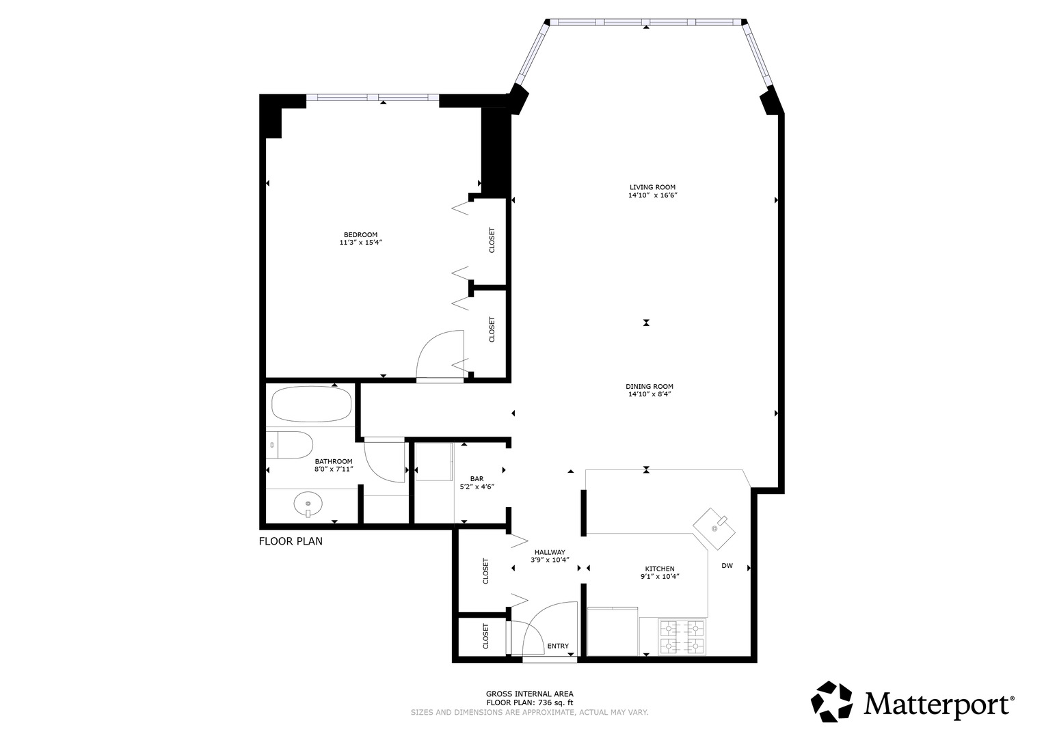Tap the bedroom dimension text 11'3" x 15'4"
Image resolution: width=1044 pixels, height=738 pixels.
360,243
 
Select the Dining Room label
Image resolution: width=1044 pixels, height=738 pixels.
649,387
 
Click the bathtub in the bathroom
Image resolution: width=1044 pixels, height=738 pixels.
311,405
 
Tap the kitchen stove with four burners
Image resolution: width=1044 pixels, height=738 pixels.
682,636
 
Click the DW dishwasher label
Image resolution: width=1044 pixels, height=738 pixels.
727,566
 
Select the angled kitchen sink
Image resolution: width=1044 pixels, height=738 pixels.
715,525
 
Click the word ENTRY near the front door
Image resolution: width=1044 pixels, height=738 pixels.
557,646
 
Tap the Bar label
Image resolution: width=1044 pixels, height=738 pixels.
477,478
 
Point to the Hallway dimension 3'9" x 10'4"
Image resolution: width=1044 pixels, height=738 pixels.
550,560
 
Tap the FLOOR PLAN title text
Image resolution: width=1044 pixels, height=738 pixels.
291,542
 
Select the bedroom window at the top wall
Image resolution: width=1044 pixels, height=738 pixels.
373,98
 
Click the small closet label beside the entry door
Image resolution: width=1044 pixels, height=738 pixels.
485,635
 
